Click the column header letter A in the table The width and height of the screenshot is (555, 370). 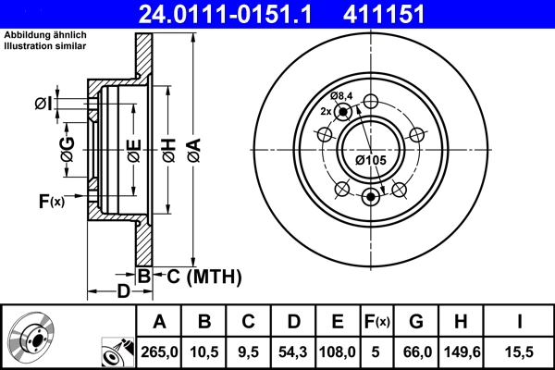[159, 321]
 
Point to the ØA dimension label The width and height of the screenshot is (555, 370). [193, 147]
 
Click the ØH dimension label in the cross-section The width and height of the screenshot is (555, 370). [168, 148]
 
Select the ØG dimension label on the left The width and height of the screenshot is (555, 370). [68, 148]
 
